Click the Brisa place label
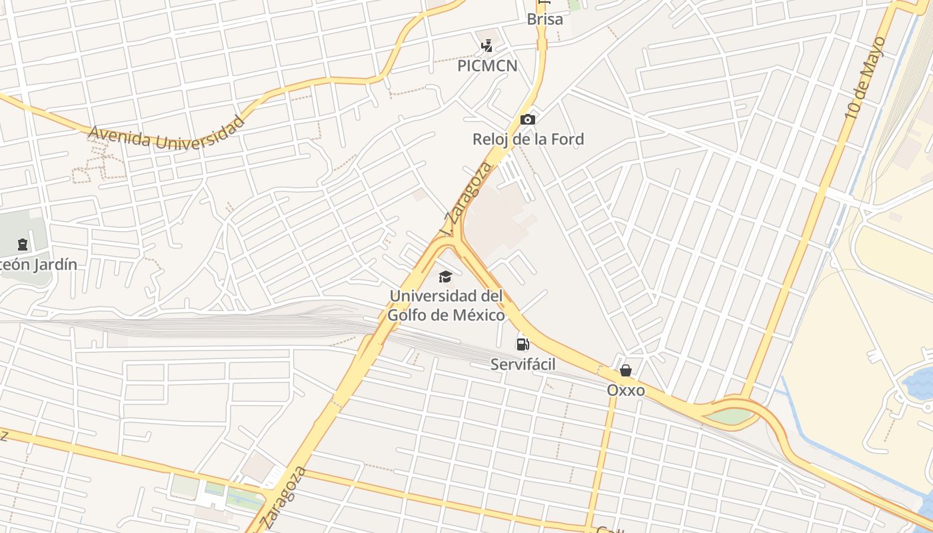coord(544,19)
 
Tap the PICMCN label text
coord(487,66)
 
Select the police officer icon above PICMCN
coord(487,46)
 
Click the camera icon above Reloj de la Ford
coord(527,120)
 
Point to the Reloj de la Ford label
coord(528,139)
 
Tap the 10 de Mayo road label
coord(865,79)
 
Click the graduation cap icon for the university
coord(445,276)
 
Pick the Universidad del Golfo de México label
coord(447,305)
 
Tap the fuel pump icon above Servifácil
coord(522,344)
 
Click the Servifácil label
coord(522,364)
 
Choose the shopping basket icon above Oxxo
coord(626,370)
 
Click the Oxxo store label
coord(626,390)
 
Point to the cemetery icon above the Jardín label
coord(23,245)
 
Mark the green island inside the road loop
coord(732,416)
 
